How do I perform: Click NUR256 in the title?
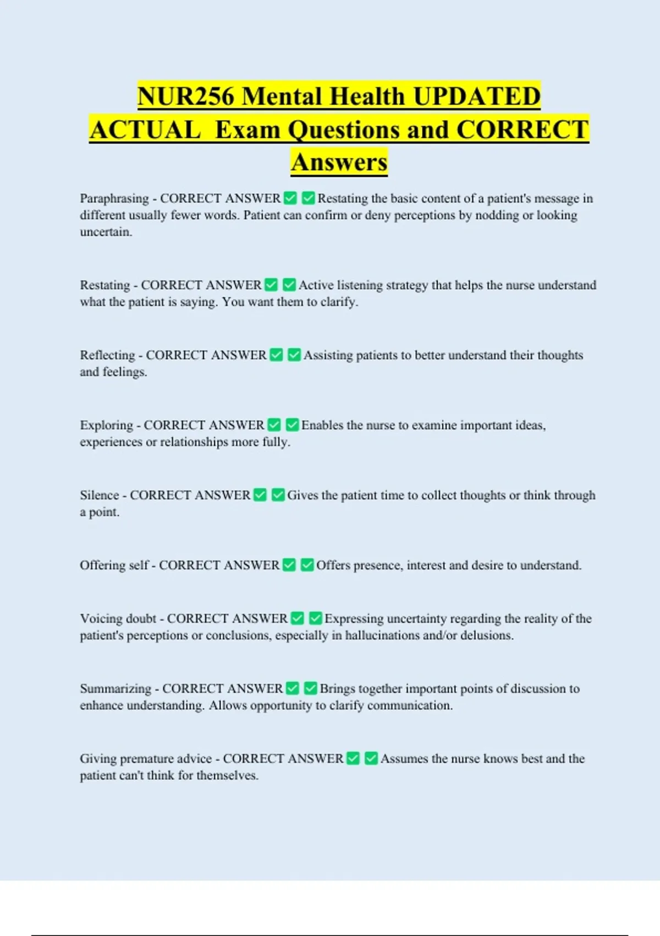186,96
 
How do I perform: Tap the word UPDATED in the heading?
476,96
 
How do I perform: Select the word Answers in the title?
339,162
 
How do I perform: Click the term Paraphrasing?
114,198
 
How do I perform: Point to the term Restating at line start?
105,285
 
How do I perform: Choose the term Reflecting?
107,355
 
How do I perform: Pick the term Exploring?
106,425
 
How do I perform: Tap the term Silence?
99,495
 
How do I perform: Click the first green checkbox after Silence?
260,495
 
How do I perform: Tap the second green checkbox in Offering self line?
307,565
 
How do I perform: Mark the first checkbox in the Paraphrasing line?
290,198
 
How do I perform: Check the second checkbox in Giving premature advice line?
371,758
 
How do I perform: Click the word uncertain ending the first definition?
105,232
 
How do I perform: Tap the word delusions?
486,635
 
